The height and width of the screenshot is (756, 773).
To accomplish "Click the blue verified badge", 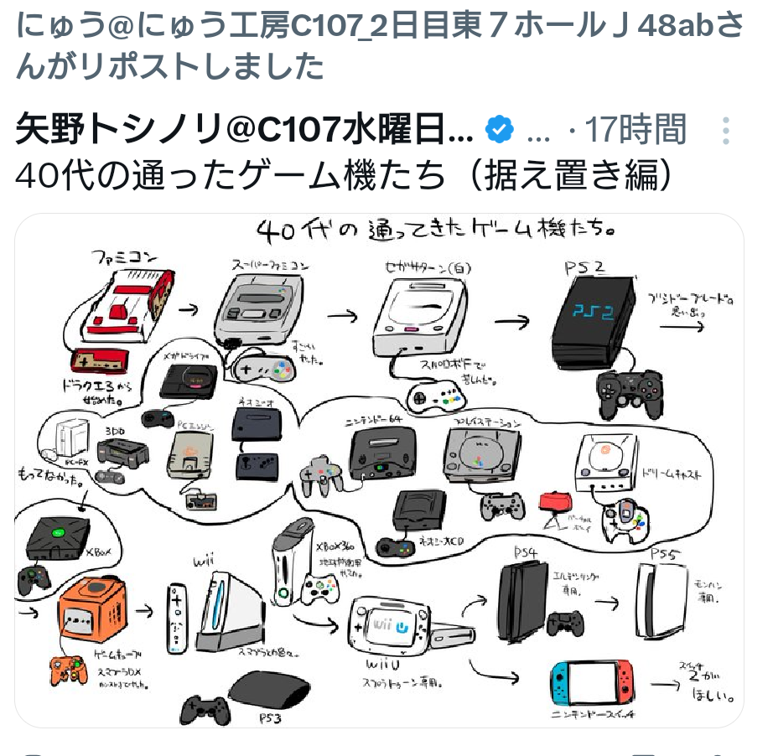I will point(501,130).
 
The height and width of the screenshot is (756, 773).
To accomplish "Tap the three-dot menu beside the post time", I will point(726,131).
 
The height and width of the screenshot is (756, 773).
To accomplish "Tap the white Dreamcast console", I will point(605,464).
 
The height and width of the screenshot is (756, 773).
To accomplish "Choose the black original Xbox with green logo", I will point(58,536).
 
